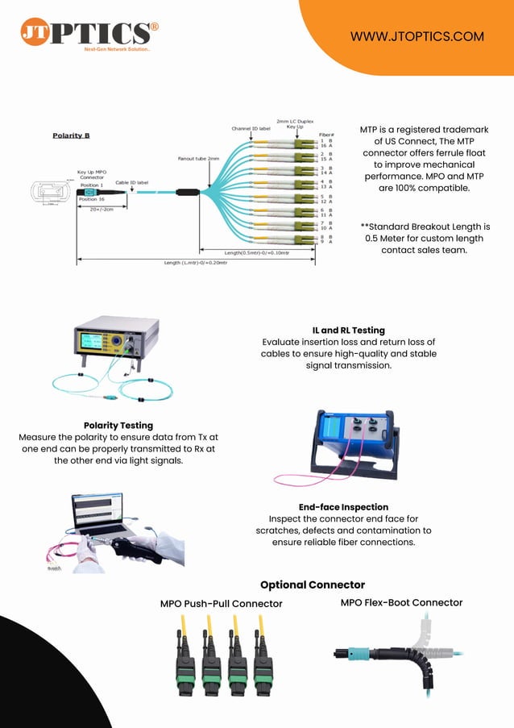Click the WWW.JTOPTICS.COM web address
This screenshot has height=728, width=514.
(417, 36)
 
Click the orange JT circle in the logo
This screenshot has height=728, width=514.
(35, 32)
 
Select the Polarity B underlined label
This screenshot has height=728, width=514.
(71, 135)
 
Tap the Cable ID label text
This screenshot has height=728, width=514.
(131, 182)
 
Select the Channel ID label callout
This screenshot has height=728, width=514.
(251, 128)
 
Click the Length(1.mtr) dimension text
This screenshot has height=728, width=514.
(196, 263)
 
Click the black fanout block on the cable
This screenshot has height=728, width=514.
(188, 193)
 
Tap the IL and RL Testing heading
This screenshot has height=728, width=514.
(348, 331)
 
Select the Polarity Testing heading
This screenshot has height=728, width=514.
(118, 425)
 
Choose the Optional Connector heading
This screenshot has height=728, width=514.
(313, 584)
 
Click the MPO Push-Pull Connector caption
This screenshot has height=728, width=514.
(221, 604)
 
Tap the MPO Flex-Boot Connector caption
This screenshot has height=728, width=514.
(401, 602)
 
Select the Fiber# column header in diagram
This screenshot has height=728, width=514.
(326, 135)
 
